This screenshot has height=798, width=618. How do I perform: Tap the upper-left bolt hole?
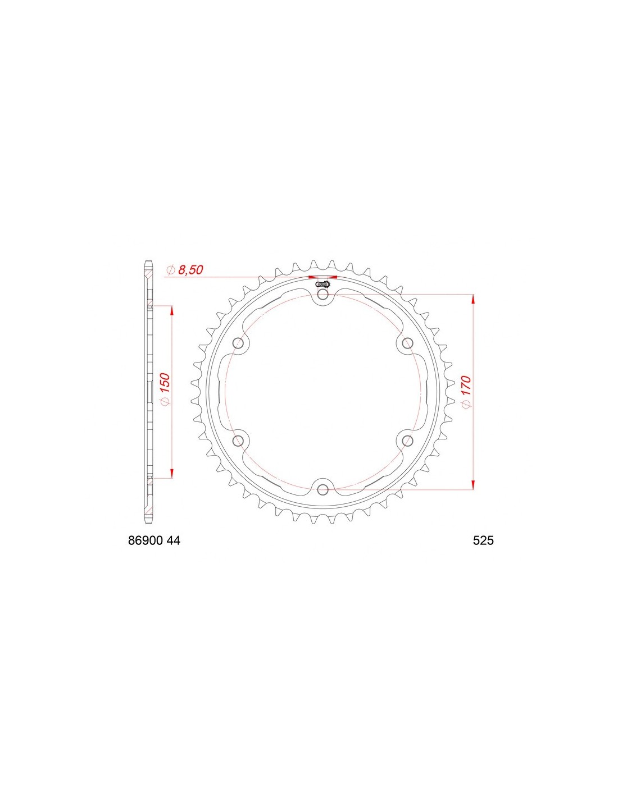click(239, 344)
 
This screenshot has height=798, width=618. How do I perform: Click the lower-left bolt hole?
click(239, 441)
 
